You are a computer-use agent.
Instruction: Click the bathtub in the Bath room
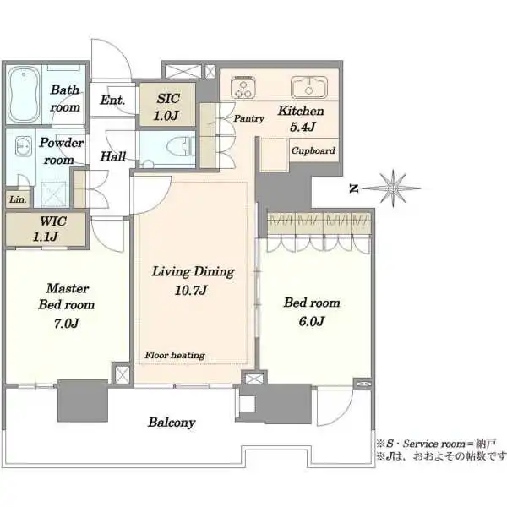click(x=24, y=95)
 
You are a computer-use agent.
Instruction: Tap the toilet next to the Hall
click(x=182, y=149)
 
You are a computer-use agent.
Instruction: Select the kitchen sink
click(x=308, y=87)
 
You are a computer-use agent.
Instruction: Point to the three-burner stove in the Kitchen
click(x=243, y=87)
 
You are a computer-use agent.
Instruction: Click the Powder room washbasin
click(x=24, y=146)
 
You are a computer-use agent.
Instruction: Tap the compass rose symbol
click(x=393, y=188)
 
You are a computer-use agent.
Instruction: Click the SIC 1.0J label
click(x=167, y=107)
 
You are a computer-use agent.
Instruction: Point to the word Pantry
click(x=248, y=118)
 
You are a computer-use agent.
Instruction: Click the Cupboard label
click(x=313, y=150)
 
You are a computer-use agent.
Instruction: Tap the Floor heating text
click(x=175, y=355)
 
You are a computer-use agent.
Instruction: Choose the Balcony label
click(x=172, y=422)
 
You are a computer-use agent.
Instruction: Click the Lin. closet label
click(x=18, y=199)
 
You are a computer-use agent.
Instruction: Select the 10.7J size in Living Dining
click(x=191, y=290)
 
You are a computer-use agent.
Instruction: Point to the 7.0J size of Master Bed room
click(x=67, y=323)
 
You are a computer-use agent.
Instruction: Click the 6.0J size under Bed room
click(x=311, y=321)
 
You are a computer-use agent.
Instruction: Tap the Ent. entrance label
click(x=112, y=100)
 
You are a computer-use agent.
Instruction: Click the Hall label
click(x=113, y=156)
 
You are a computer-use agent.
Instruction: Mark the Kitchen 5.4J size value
click(x=303, y=127)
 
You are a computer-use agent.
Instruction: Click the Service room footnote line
click(x=435, y=444)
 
